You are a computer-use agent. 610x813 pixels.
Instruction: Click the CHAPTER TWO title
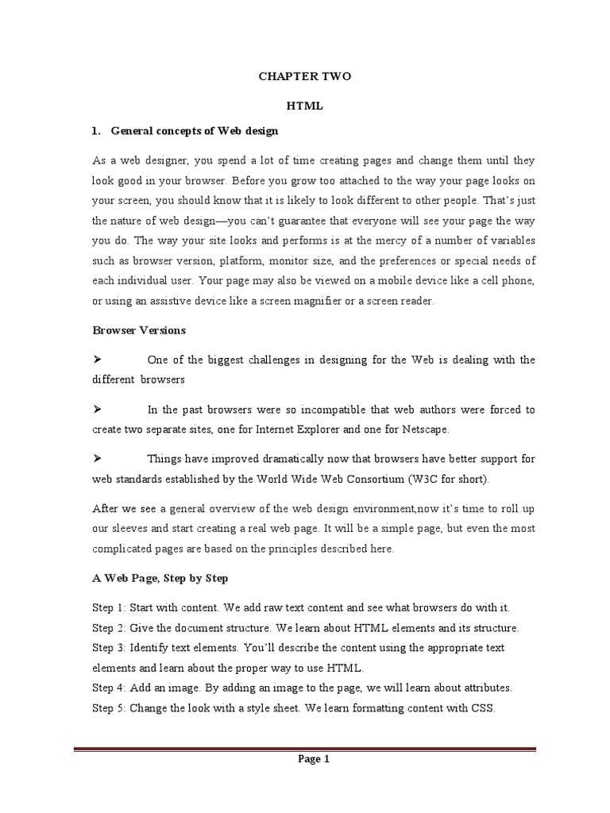tap(304, 77)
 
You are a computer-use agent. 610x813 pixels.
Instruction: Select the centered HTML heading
tap(304, 106)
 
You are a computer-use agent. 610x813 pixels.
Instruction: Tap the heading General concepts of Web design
tap(194, 130)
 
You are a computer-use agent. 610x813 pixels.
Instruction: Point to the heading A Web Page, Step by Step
tap(160, 578)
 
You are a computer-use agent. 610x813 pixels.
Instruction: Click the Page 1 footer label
tap(314, 759)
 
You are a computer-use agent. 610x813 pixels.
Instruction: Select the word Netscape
tap(422, 430)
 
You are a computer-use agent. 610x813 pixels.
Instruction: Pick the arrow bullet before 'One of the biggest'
tap(98, 360)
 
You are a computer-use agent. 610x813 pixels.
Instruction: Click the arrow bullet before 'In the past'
tap(98, 410)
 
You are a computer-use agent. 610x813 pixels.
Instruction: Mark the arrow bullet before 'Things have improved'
tap(98, 459)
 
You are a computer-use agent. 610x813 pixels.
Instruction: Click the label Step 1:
tap(109, 608)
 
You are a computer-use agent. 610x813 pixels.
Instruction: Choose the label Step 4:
tap(109, 688)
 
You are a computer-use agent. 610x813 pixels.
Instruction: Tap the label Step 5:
tap(109, 707)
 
